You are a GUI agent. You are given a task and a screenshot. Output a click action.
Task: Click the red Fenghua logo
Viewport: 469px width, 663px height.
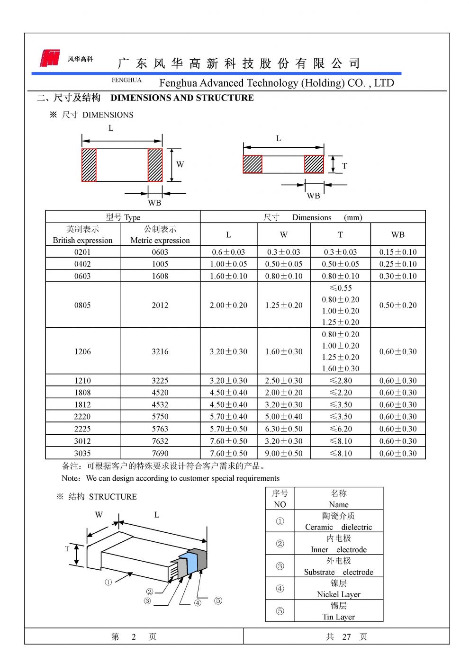tap(50, 58)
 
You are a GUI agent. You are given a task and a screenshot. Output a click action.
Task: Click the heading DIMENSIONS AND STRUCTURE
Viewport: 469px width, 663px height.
tap(182, 98)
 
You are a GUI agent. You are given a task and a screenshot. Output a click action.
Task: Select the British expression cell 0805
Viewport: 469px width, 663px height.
tap(82, 305)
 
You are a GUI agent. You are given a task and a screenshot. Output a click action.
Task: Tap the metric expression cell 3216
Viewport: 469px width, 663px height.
tap(160, 351)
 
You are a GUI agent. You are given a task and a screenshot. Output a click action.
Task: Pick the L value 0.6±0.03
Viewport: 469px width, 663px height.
tap(228, 252)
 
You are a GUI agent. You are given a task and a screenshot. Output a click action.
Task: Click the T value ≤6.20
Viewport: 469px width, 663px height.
tap(341, 429)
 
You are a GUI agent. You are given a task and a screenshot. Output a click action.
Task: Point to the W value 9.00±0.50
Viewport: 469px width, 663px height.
tap(284, 453)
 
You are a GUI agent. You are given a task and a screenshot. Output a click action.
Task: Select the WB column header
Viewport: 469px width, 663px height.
tap(398, 235)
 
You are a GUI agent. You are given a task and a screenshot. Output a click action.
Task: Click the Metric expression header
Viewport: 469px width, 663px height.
tap(160, 235)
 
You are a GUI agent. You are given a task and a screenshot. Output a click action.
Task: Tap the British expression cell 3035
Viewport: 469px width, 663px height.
tap(82, 453)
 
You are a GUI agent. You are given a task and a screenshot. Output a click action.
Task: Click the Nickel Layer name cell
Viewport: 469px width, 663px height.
tap(338, 589)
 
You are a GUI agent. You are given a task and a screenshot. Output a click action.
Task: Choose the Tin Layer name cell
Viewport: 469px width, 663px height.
tap(338, 611)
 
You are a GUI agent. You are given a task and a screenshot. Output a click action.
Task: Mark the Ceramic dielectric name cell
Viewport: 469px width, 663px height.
tap(338, 521)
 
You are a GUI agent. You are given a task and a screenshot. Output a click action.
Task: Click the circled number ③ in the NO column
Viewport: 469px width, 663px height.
tap(280, 566)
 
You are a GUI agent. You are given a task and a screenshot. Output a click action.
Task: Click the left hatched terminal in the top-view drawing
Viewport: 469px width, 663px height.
tap(89, 165)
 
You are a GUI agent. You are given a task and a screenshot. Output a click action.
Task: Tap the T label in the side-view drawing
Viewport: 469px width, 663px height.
tap(344, 166)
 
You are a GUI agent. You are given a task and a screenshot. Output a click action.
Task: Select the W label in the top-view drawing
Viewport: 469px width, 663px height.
tap(180, 165)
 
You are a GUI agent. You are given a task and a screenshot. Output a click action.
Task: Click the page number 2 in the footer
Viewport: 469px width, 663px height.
tap(134, 637)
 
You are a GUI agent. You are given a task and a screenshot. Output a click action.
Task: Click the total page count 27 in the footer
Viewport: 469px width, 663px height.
tap(347, 637)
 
